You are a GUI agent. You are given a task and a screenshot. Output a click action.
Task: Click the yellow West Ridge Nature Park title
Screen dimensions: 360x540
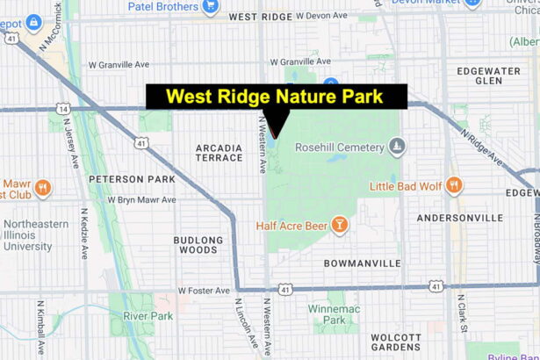(275, 97)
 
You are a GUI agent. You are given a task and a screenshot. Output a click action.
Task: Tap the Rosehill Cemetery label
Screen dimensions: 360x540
(336, 146)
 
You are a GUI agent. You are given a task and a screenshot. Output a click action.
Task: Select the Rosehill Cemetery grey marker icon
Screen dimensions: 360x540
(398, 146)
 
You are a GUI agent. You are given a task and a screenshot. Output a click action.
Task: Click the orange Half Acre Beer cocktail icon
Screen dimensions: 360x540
(339, 226)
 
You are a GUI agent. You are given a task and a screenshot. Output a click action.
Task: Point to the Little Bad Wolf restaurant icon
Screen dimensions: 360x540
(453, 185)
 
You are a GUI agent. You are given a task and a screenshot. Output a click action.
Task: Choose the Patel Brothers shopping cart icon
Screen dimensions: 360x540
(211, 5)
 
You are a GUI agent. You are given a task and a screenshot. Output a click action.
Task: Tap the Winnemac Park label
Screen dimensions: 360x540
(327, 314)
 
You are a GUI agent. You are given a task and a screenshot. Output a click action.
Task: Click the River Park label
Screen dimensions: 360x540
(148, 316)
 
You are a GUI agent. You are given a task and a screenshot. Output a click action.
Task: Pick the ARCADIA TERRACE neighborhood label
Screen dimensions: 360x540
(220, 152)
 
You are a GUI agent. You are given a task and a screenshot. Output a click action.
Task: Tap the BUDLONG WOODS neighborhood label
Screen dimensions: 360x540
(198, 245)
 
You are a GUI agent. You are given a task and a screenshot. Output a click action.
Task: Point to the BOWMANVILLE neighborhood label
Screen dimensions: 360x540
(362, 263)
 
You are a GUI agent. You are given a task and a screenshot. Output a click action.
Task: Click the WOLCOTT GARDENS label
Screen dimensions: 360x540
(396, 342)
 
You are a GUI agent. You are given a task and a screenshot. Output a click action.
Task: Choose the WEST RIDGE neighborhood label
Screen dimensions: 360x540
(260, 17)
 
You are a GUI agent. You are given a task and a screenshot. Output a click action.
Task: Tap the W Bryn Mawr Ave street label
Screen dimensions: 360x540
(141, 199)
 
